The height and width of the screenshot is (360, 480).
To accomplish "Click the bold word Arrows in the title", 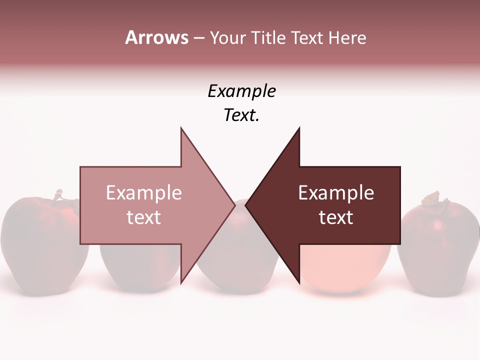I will point(156,37).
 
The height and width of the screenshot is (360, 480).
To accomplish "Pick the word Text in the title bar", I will point(308,38).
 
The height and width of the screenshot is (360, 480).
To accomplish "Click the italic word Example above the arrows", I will point(241,91).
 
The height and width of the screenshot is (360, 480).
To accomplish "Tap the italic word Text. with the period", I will point(241,115).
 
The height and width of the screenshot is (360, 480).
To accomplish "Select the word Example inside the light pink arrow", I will point(144,193).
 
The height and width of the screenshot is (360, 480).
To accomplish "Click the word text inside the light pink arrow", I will point(144,217).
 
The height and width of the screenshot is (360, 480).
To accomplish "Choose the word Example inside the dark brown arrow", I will point(336,193).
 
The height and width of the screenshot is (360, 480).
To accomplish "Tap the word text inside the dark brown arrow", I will point(336,217).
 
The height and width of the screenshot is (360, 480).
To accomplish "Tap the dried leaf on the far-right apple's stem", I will point(431,199).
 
